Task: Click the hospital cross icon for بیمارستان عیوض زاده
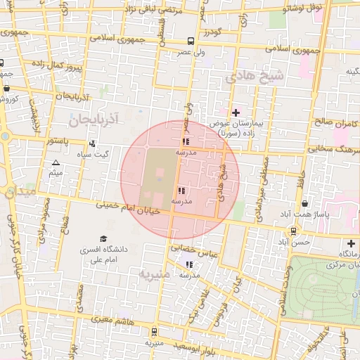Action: coord(236,112)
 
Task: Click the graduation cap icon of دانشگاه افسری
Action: coord(104,239)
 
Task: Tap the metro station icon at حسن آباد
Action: coord(293,231)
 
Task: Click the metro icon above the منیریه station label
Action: coord(154,332)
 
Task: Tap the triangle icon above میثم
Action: coord(56,163)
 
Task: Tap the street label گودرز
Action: coord(212,32)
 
